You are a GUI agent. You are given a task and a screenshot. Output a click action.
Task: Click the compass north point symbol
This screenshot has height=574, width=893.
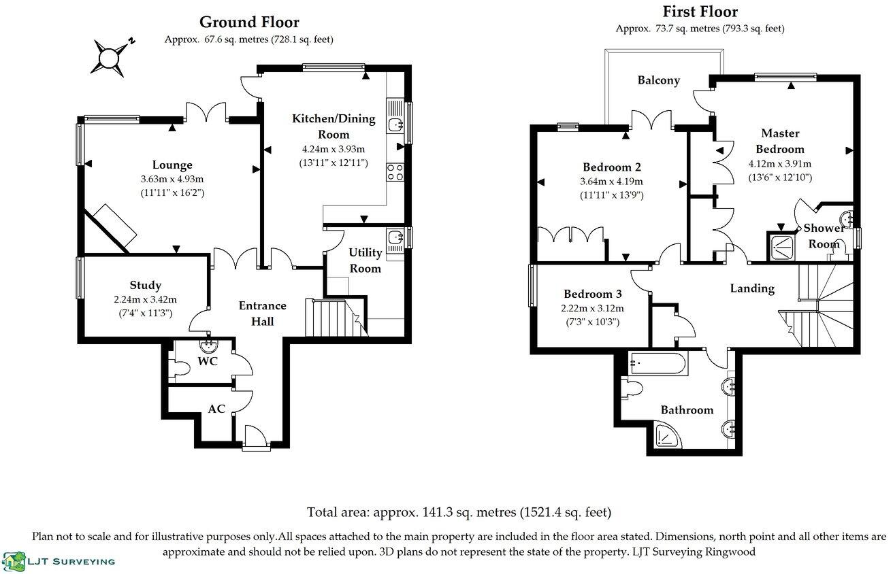109,58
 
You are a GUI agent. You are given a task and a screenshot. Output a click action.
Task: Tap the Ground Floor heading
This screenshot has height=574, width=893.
248,23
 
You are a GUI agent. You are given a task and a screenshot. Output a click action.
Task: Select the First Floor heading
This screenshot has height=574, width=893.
700,12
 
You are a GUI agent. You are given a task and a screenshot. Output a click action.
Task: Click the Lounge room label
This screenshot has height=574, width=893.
172,165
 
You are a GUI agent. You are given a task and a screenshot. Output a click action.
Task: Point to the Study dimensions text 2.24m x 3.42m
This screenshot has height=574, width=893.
145,299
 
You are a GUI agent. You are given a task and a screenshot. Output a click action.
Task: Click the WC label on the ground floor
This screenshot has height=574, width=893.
208,361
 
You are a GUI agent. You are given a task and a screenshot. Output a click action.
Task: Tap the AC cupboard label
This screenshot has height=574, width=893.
216,409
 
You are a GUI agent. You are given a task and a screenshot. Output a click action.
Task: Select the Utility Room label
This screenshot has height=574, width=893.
366,260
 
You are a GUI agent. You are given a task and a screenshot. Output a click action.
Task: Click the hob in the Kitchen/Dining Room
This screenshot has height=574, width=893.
395,172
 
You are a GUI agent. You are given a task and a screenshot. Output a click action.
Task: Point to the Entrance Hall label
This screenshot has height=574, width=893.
263,313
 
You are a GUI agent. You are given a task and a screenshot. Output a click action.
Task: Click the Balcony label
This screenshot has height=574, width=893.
658,80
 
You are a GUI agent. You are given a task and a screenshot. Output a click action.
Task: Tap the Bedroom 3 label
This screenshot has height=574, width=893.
592,294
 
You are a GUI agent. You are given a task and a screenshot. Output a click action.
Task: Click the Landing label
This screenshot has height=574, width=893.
752,288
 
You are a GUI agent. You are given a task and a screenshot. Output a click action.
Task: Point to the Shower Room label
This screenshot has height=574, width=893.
824,236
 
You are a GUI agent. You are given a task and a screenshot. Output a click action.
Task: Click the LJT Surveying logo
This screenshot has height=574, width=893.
59,561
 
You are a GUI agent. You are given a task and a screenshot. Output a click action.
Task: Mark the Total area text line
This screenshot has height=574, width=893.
459,512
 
